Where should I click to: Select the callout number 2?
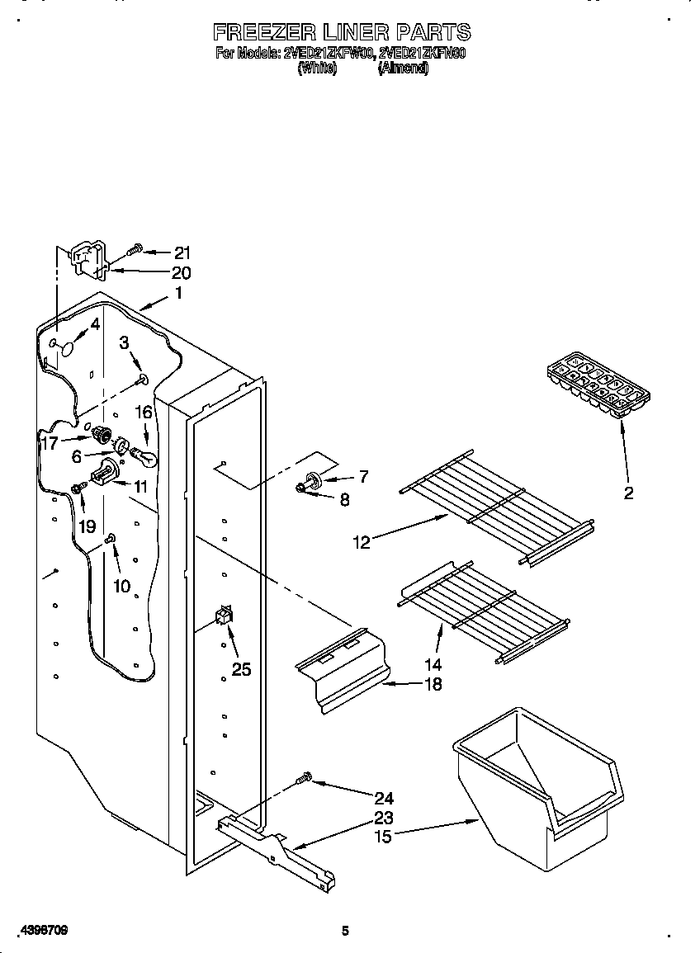(628, 493)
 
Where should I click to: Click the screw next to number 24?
(305, 778)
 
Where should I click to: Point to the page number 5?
(345, 931)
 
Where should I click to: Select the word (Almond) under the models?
(403, 69)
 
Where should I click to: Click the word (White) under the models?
(316, 69)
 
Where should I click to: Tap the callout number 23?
(383, 818)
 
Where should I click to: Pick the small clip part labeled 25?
(223, 616)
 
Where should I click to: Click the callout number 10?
(121, 587)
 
